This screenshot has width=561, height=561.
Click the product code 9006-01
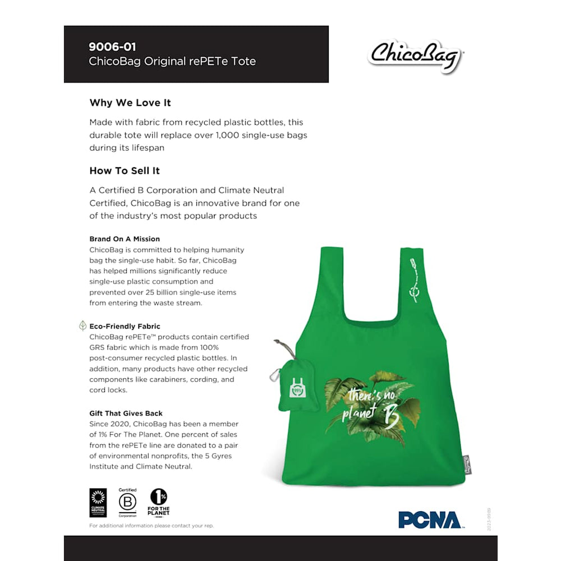pyautogui.click(x=112, y=47)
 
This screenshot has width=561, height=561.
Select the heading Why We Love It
pyautogui.click(x=130, y=103)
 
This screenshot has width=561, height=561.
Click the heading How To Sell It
pyautogui.click(x=125, y=171)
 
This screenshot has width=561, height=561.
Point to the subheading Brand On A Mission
pyautogui.click(x=125, y=239)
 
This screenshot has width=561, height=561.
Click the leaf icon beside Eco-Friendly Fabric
pyautogui.click(x=82, y=326)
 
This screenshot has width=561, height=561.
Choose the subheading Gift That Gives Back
pyautogui.click(x=126, y=413)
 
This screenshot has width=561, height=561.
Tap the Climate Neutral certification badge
pyautogui.click(x=98, y=503)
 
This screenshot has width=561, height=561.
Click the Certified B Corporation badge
pyautogui.click(x=127, y=502)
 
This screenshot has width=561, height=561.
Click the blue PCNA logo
pyautogui.click(x=430, y=520)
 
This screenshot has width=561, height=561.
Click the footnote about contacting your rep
pyautogui.click(x=151, y=526)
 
